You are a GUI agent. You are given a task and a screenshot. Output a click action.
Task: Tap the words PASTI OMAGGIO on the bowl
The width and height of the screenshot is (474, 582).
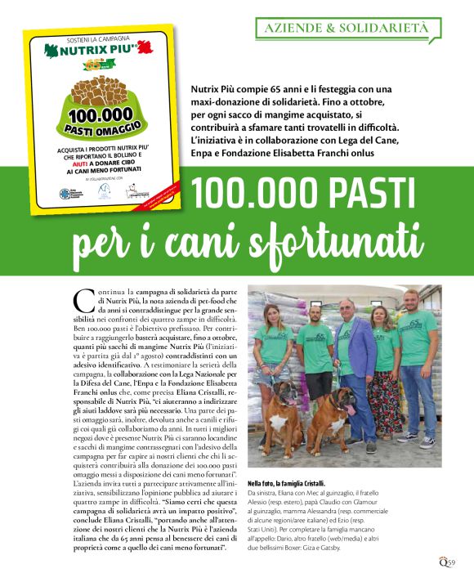tap(97, 129)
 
